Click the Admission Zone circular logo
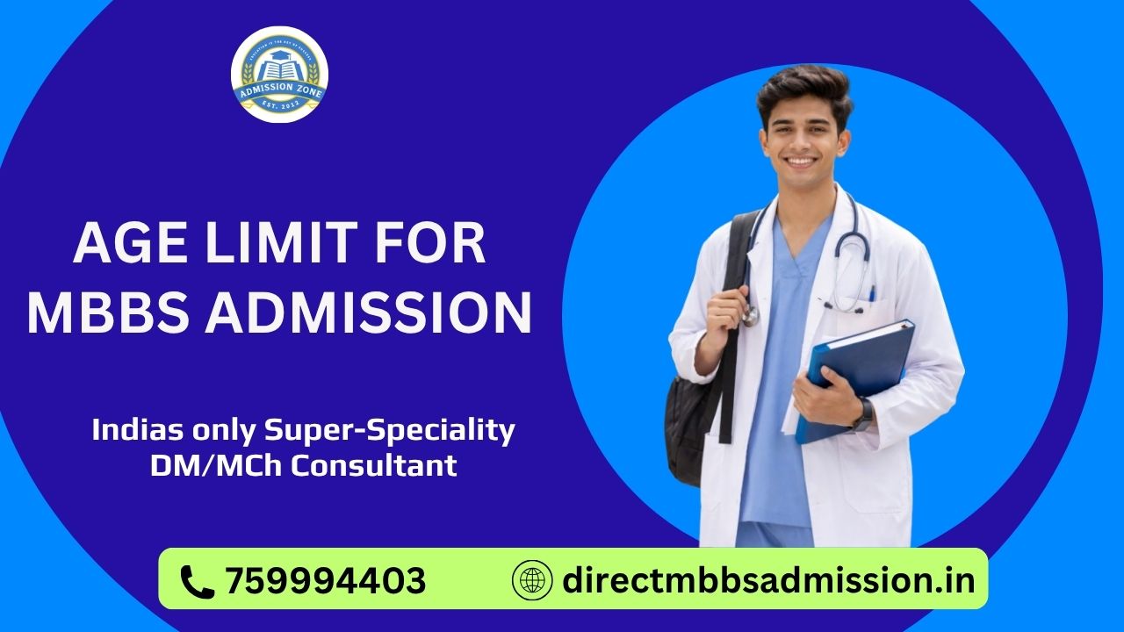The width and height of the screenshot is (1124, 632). (279, 75)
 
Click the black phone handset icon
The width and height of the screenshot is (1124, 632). (197, 581)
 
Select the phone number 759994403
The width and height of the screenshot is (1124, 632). (326, 581)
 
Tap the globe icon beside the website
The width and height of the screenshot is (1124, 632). (532, 581)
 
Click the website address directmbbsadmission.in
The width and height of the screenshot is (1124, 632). (768, 581)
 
